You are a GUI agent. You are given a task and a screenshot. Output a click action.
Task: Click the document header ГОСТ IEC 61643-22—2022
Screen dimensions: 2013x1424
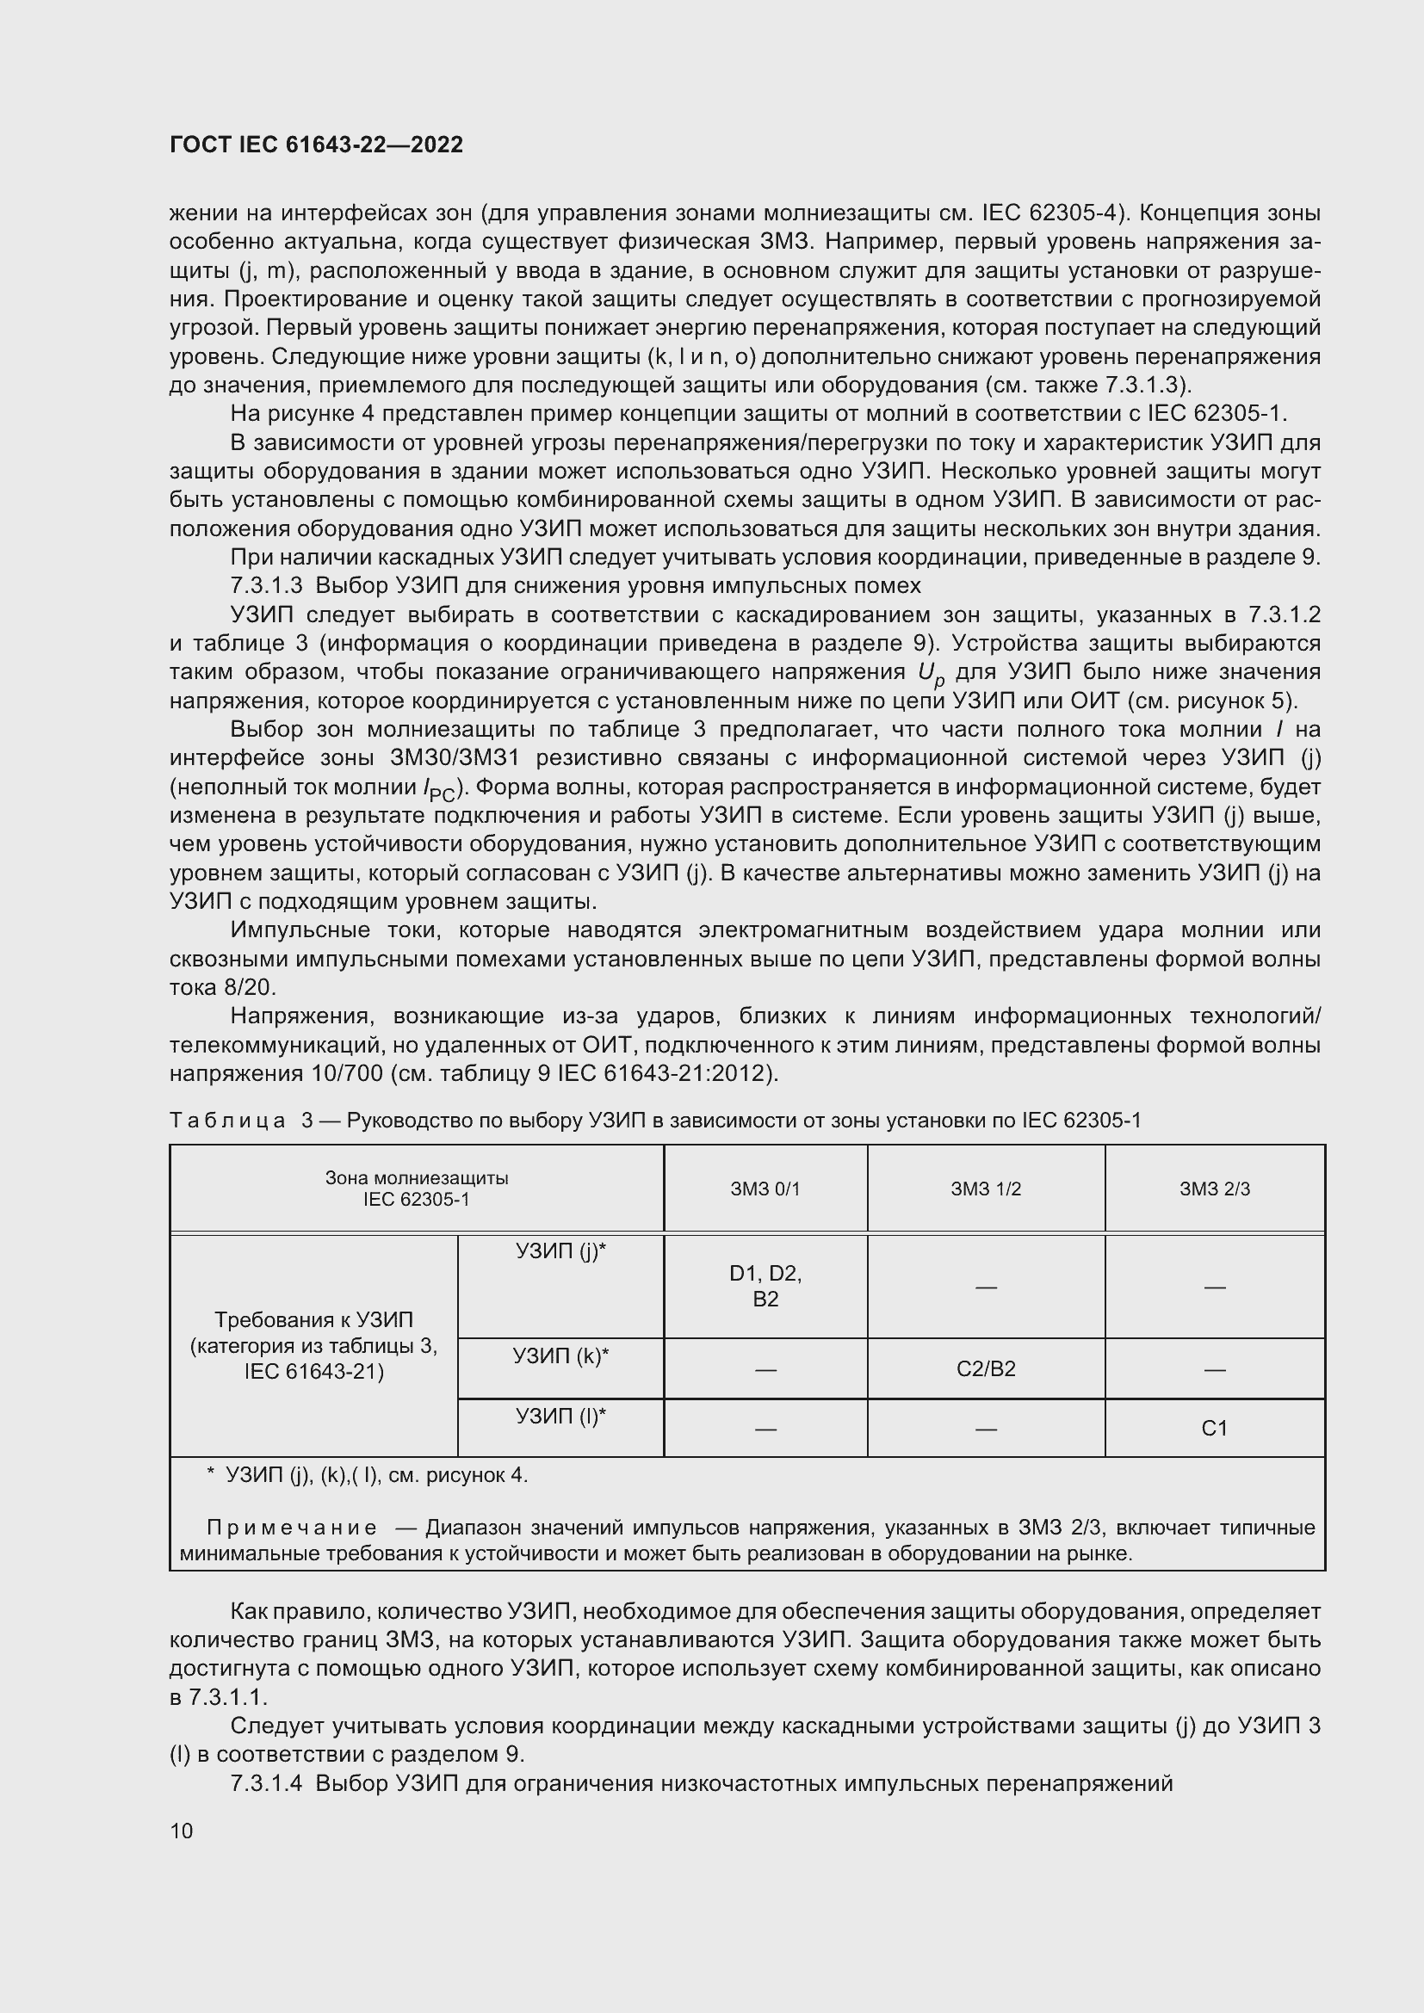(x=316, y=145)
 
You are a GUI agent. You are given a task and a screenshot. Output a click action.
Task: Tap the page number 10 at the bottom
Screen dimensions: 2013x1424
(x=182, y=1831)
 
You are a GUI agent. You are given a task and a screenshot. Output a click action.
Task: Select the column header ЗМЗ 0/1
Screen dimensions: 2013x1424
(x=765, y=1189)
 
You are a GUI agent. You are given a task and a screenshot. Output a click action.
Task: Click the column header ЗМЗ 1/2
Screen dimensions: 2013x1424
(x=986, y=1189)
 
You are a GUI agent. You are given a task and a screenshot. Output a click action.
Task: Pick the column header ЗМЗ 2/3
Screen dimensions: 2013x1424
(x=1215, y=1189)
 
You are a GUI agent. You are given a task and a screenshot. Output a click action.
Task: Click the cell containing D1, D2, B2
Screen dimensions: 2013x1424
(x=765, y=1285)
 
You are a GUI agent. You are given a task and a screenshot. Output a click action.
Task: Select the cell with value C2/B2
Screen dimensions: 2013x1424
(x=986, y=1368)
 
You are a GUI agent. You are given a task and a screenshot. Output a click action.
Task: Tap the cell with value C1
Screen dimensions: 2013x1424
(x=1215, y=1429)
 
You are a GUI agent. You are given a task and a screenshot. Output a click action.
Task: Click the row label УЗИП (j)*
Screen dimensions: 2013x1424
(x=560, y=1251)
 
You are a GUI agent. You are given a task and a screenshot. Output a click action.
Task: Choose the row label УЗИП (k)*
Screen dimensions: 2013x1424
(x=560, y=1356)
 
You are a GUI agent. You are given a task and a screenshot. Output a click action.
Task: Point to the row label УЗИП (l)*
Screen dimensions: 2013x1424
(x=560, y=1416)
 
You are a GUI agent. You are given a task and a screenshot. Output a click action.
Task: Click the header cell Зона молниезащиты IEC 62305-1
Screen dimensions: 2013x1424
(x=417, y=1188)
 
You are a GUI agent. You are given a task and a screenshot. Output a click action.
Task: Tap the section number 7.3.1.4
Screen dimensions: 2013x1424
(x=266, y=1783)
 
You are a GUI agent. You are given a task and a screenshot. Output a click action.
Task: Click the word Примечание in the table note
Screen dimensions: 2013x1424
(x=292, y=1528)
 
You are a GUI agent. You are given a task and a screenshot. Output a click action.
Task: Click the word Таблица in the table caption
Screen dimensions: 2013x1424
(x=227, y=1121)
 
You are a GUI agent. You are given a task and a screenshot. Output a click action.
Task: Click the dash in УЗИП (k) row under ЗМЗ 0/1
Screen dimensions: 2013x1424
(x=765, y=1369)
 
